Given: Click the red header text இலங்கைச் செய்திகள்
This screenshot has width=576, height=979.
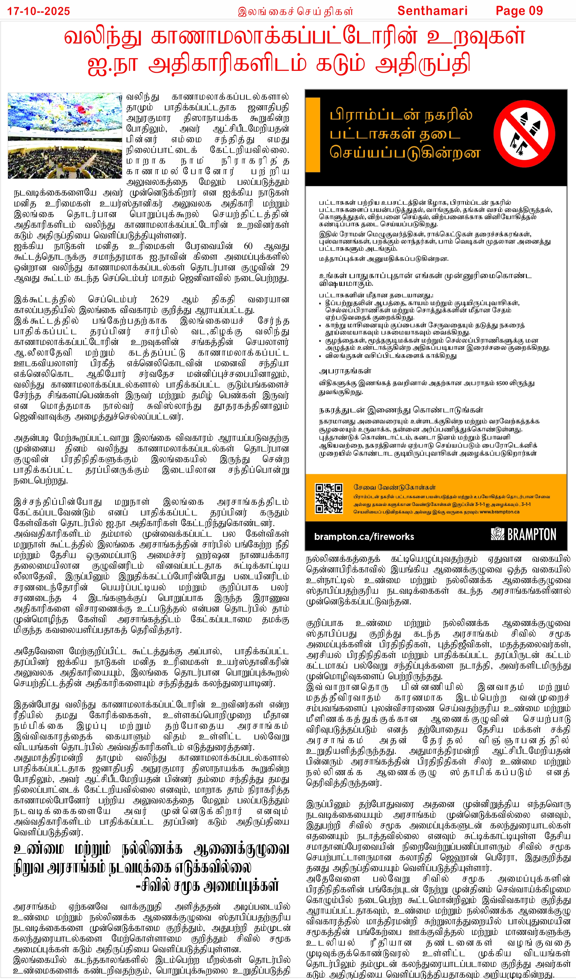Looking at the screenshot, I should (295, 11).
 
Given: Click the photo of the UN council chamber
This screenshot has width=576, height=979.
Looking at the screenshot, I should (65, 136).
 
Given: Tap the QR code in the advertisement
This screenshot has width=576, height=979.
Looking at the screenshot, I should (329, 498).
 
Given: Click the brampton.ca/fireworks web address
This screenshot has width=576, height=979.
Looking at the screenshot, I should (364, 536).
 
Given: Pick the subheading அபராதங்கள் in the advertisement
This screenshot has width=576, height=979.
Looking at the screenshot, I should (345, 371).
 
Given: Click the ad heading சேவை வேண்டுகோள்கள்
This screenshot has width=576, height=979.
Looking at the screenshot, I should (395, 487).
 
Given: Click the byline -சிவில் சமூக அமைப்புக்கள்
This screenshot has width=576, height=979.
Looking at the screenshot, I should (207, 886).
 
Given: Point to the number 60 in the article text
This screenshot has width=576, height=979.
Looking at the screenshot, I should (248, 246).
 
